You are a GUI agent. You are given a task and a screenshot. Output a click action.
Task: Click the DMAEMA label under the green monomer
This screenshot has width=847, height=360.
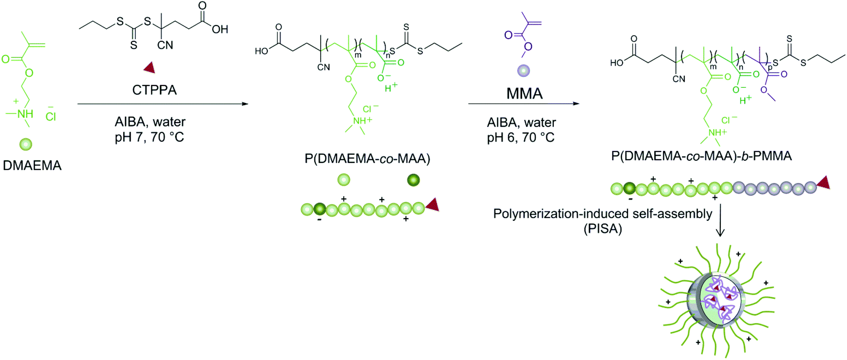click(32, 165)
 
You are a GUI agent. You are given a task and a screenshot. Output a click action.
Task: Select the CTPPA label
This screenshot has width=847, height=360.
click(154, 90)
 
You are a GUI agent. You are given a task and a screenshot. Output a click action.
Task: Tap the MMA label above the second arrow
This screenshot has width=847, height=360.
click(524, 93)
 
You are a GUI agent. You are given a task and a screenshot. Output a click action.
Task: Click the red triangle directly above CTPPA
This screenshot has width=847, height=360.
click(149, 68)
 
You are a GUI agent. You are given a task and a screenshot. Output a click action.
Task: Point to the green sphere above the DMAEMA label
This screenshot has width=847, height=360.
click(26, 144)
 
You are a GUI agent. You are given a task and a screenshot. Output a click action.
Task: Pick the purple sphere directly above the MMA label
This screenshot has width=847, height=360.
click(523, 70)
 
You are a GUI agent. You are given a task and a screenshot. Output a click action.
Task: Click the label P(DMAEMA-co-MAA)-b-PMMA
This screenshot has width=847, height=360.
click(701, 156)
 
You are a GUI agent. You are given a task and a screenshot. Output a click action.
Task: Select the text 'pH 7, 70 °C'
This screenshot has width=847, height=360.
click(149, 137)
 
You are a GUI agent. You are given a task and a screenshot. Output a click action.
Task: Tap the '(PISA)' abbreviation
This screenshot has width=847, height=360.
click(602, 229)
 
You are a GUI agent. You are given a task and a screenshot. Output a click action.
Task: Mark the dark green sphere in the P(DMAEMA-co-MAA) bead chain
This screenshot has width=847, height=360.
click(320, 208)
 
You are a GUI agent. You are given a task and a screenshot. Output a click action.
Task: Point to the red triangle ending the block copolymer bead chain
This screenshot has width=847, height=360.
click(824, 183)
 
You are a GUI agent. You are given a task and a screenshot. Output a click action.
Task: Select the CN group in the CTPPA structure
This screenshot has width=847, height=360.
click(165, 45)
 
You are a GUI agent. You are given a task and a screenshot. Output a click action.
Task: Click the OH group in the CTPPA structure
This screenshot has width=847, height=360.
click(219, 29)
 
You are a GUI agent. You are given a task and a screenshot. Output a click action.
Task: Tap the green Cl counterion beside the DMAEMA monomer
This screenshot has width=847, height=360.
click(51, 116)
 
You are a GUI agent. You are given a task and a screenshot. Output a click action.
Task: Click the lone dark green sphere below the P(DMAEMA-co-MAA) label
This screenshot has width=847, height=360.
click(413, 180)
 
